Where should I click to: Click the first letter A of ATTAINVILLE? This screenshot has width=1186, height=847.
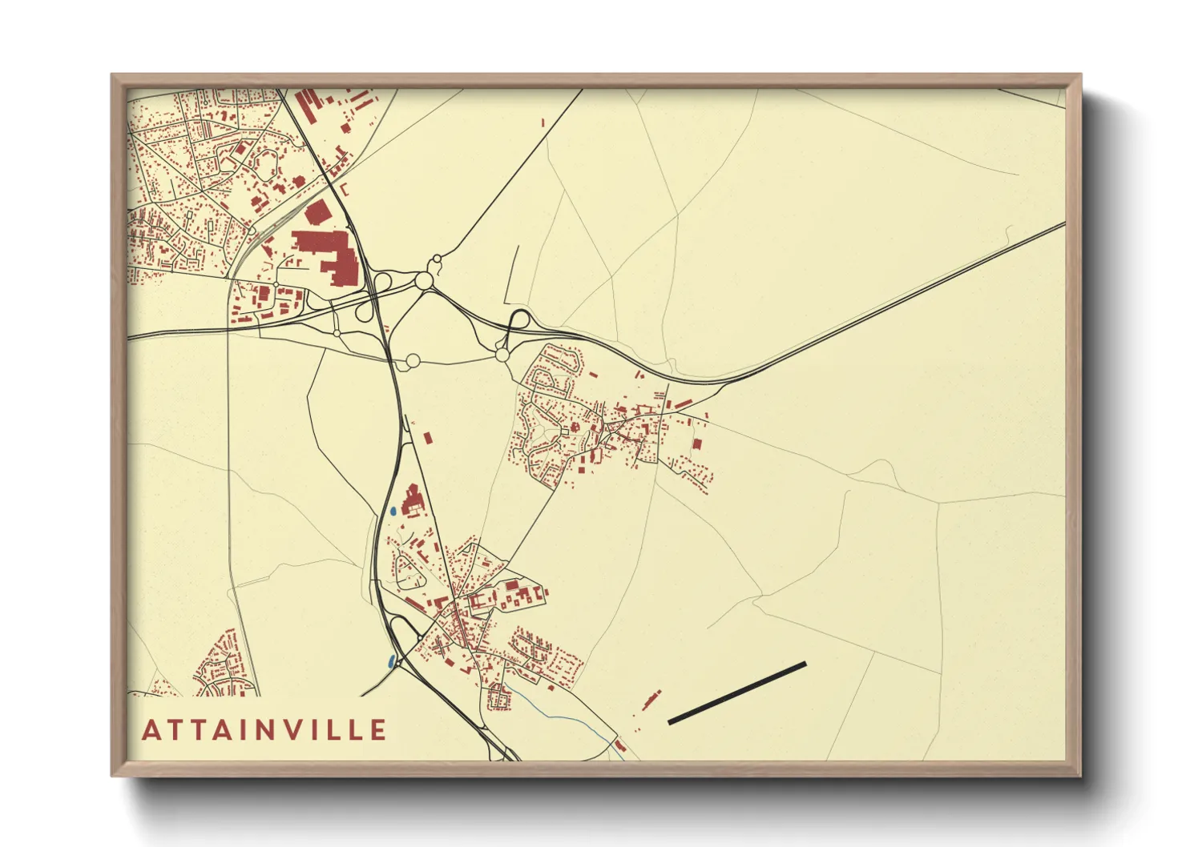pos(150,730)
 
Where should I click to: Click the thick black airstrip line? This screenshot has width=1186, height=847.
pos(736,693)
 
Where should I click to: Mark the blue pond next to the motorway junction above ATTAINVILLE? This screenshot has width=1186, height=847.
pos(391,662)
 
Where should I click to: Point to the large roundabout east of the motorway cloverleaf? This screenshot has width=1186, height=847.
pos(423,281)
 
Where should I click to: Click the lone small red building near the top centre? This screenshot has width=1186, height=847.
pos(543,122)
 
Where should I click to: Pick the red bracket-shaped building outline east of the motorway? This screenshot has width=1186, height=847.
pos(345,189)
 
